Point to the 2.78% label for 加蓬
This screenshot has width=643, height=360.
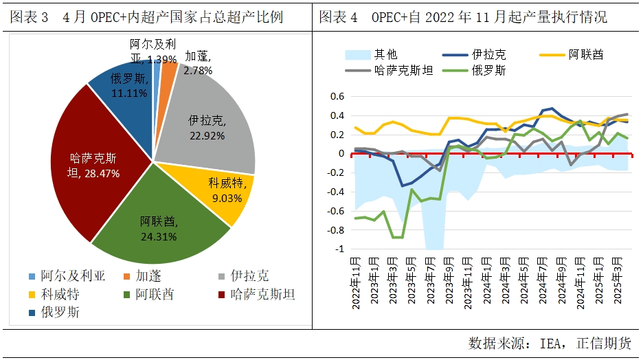point(198,64)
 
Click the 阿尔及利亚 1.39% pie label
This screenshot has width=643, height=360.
point(153,52)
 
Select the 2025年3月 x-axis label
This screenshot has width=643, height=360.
point(616,278)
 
